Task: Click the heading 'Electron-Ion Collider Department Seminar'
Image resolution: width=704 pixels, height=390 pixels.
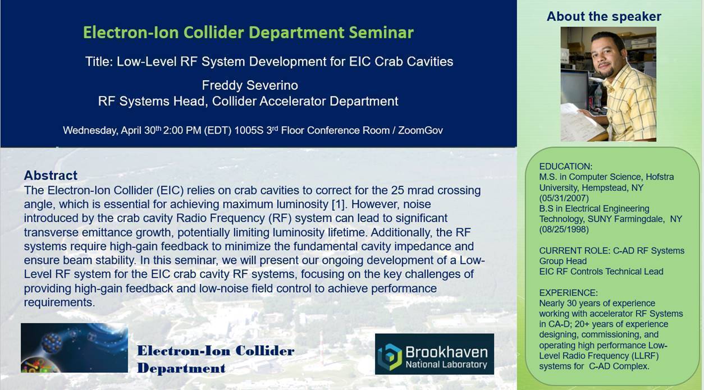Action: click(248, 33)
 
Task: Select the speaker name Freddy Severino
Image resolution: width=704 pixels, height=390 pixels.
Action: click(250, 85)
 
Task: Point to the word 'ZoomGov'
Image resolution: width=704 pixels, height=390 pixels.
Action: click(420, 130)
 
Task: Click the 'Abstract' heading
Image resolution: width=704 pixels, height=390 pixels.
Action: click(51, 175)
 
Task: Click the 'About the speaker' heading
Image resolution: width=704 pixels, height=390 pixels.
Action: click(604, 16)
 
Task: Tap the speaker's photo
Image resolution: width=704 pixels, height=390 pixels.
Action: click(608, 84)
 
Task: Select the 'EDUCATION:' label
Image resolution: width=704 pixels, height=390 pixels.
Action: click(566, 166)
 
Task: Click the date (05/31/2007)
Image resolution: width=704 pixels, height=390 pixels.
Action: click(564, 198)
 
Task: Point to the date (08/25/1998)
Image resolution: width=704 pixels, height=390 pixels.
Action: click(564, 230)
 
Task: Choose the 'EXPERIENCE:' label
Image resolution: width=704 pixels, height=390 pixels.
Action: click(569, 292)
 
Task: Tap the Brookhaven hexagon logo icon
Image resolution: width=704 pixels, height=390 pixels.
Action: click(390, 357)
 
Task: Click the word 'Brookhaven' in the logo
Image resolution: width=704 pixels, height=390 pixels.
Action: click(447, 352)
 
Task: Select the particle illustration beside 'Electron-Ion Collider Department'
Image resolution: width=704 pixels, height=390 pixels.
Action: click(74, 348)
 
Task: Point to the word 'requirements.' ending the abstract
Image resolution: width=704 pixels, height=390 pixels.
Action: click(60, 302)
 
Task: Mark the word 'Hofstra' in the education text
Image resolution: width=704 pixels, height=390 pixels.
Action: click(660, 177)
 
